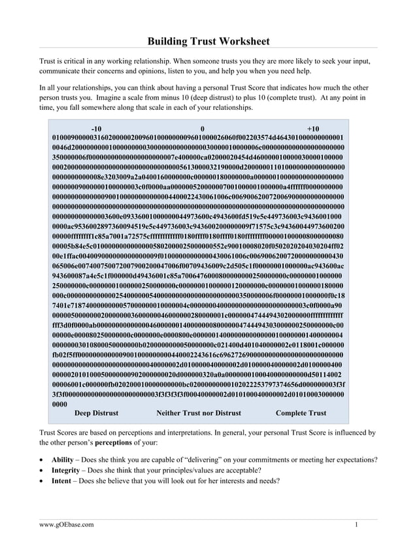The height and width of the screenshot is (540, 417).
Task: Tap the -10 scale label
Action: coord(96,129)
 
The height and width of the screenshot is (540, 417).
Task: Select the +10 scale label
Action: coord(312,129)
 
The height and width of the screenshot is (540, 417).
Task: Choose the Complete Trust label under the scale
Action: coord(301,413)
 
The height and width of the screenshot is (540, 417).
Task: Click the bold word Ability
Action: coord(65,460)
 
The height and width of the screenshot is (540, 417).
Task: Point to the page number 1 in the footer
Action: coord(356,524)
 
